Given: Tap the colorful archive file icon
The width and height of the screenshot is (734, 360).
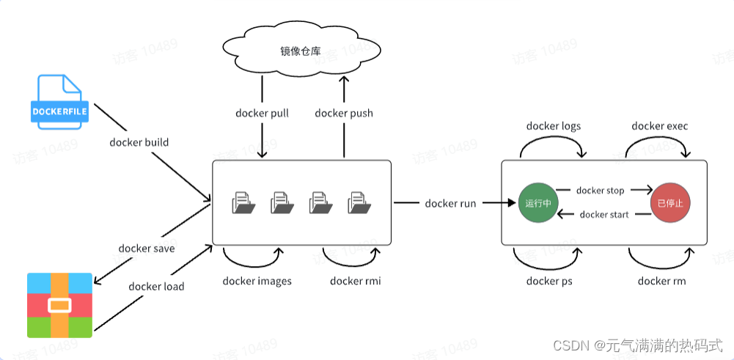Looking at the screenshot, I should [x=60, y=305].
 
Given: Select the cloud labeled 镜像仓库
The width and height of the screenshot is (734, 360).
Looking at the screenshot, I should [x=302, y=51].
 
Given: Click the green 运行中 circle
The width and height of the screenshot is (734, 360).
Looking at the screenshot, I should [x=539, y=202].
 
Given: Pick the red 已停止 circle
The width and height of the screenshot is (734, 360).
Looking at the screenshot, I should [x=669, y=202].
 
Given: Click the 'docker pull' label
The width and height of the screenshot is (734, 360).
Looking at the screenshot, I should [x=262, y=113].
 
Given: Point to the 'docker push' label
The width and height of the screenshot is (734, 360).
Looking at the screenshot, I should [x=343, y=113].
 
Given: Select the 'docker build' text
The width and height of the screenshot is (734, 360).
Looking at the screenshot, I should [x=139, y=142].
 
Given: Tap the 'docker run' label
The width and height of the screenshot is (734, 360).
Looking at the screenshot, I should [x=450, y=203].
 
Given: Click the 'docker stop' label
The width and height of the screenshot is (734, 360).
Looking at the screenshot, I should [x=600, y=191].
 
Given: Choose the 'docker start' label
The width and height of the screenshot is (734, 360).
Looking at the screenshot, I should [x=603, y=215].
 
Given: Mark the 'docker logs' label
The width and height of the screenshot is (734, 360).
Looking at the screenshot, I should [x=553, y=126].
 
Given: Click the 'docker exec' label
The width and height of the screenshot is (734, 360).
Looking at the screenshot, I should [x=660, y=126].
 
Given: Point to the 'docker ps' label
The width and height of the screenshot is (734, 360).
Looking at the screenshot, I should [x=549, y=281].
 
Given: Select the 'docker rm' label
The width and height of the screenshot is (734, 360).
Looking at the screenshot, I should [x=661, y=281].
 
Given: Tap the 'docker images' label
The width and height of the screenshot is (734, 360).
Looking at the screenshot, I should [x=257, y=281].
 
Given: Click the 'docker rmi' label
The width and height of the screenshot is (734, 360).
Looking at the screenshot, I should [x=355, y=281].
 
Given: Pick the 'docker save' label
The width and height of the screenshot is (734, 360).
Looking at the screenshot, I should [x=147, y=248].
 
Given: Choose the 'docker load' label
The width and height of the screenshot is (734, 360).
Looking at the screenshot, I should [x=156, y=286].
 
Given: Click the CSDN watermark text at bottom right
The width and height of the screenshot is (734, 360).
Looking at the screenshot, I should [x=637, y=345].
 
